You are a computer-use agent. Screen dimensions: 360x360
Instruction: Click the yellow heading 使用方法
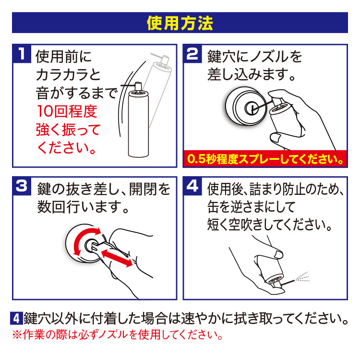(x=180, y=23)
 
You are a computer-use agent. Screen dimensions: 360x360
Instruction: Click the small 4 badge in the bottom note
(x=16, y=318)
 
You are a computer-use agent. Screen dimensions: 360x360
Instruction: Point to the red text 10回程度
(x=67, y=112)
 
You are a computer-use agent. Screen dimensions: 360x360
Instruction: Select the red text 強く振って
(x=68, y=130)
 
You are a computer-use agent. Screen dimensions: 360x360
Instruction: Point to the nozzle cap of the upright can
(x=137, y=86)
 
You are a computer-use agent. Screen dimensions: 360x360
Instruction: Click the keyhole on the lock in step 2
(x=251, y=107)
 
